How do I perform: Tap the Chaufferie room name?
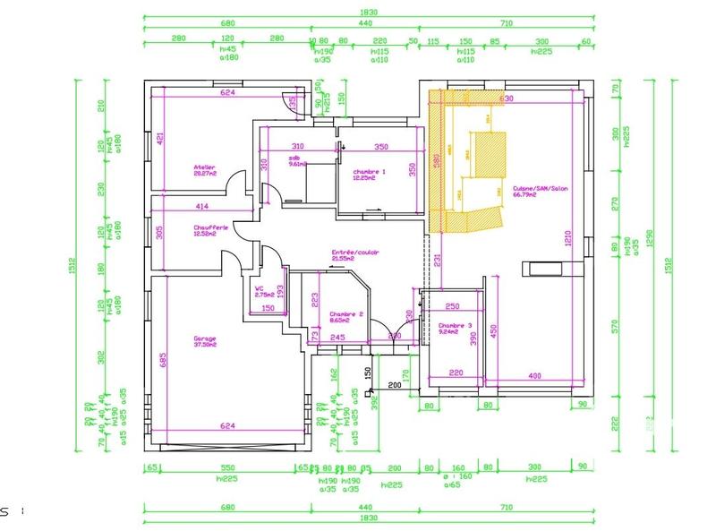pyautogui.click(x=211, y=227)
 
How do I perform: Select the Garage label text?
pyautogui.click(x=205, y=338)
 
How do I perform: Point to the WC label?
pyautogui.click(x=260, y=288)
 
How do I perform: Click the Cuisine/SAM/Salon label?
pyautogui.click(x=541, y=188)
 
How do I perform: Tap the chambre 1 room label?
pyautogui.click(x=369, y=171)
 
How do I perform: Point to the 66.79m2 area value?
pyautogui.click(x=524, y=194)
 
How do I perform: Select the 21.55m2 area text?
pyautogui.click(x=345, y=259)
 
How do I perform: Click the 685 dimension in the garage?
pyautogui.click(x=163, y=361)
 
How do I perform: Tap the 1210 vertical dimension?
pyautogui.click(x=567, y=240)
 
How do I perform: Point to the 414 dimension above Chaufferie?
pyautogui.click(x=203, y=207)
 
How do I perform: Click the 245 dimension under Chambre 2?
pyautogui.click(x=337, y=337)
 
